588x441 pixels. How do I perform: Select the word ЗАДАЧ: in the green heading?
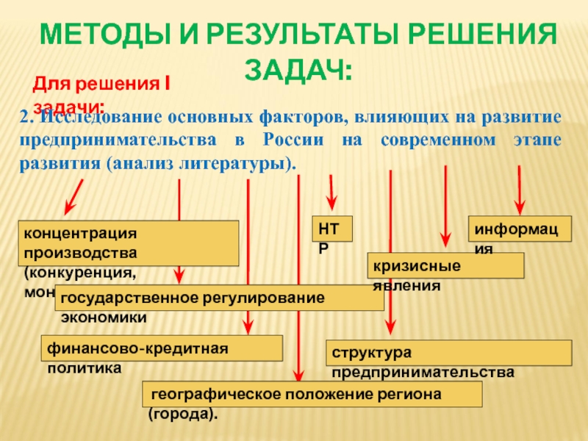pyautogui.click(x=297, y=71)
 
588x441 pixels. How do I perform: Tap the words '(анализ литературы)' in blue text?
pyautogui.click(x=202, y=161)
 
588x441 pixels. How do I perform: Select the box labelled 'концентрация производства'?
pyautogui.click(x=129, y=243)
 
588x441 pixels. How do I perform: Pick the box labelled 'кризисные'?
pyautogui.click(x=445, y=265)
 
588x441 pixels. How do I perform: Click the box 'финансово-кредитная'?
pyautogui.click(x=162, y=348)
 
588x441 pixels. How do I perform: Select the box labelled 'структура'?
pyautogui.click(x=448, y=353)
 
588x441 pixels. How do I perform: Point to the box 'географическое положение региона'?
pyautogui.click(x=312, y=394)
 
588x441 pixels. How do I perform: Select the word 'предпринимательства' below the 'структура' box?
pyautogui.click(x=423, y=373)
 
